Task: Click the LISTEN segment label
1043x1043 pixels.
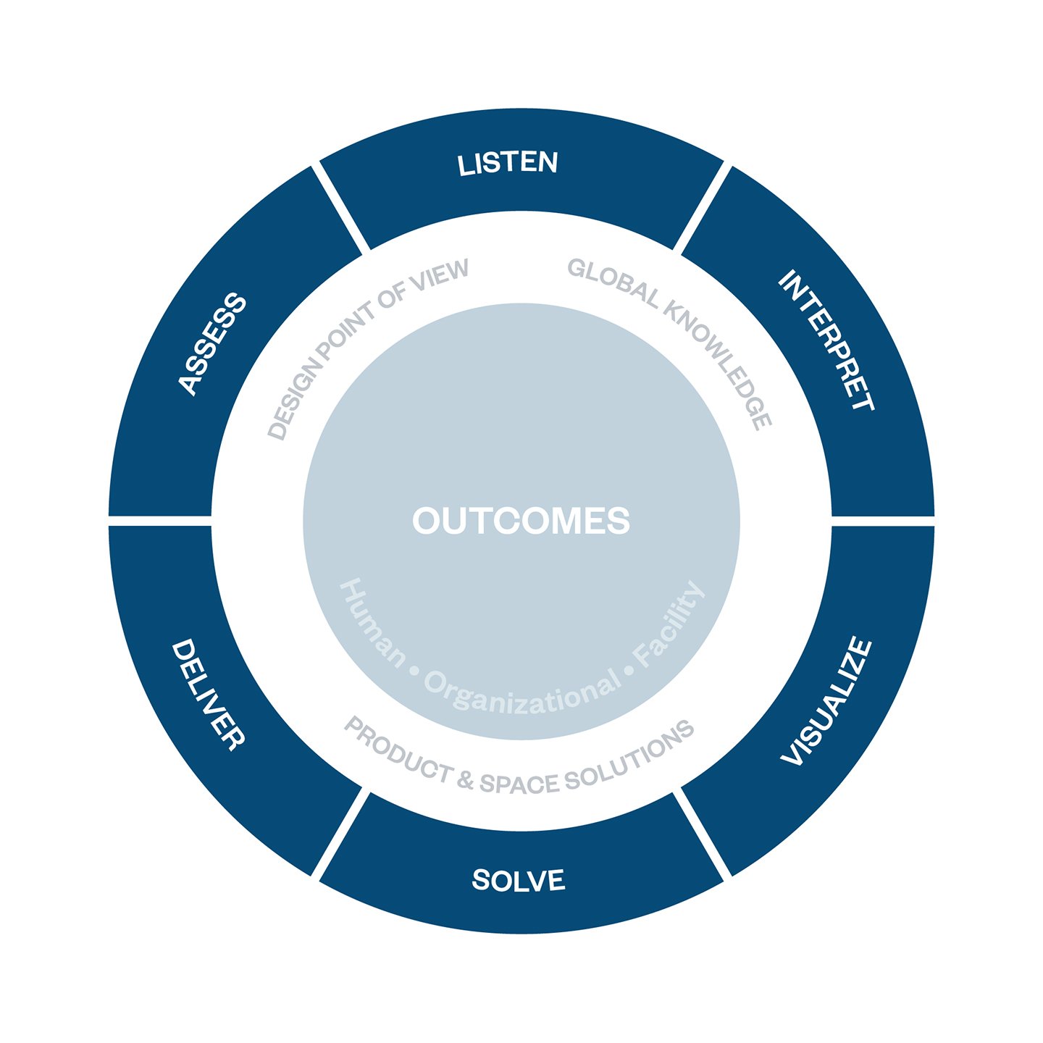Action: pyautogui.click(x=507, y=163)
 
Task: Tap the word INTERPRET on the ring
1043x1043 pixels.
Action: pyautogui.click(x=826, y=340)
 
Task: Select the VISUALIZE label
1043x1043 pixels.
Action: pyautogui.click(x=826, y=701)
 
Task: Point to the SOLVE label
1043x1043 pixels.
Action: pyautogui.click(x=519, y=880)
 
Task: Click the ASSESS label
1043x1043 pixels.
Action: pyautogui.click(x=212, y=344)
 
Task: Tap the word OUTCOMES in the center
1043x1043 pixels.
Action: pyautogui.click(x=521, y=521)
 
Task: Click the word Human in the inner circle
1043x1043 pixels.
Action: pyautogui.click(x=372, y=623)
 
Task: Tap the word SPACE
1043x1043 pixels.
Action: pyautogui.click(x=519, y=784)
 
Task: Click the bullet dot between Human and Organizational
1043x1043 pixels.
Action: pyautogui.click(x=415, y=671)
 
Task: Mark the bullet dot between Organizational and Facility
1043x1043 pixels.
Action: pyautogui.click(x=629, y=671)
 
